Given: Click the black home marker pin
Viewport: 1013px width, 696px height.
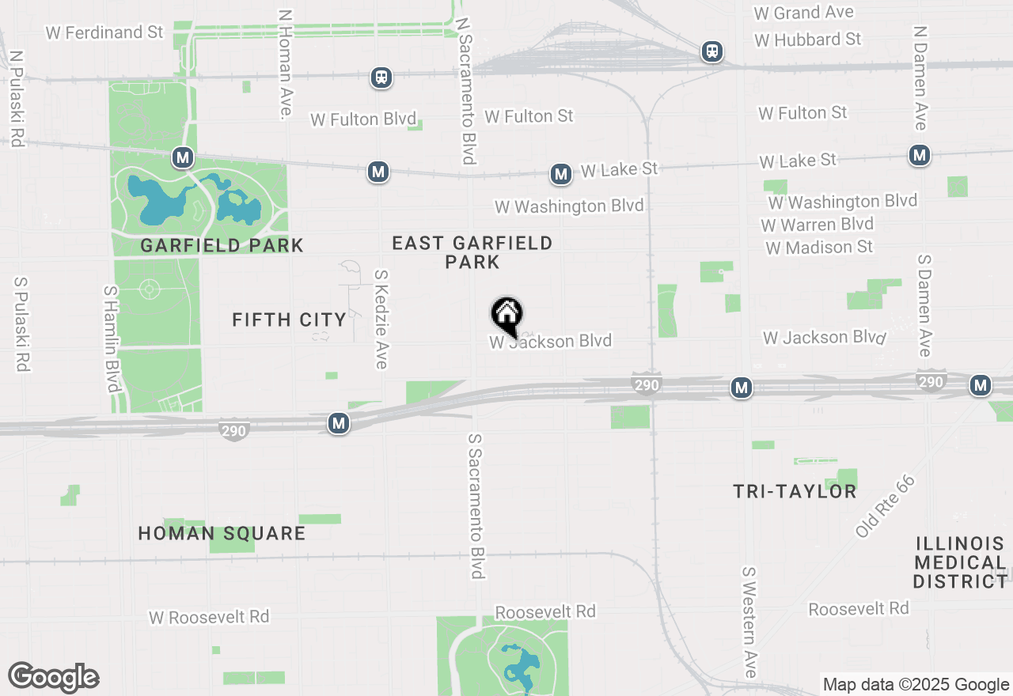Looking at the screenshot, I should coord(506,315).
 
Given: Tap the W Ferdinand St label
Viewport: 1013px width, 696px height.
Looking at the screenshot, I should coord(104,32).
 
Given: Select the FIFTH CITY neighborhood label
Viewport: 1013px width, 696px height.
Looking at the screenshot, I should coord(290,320).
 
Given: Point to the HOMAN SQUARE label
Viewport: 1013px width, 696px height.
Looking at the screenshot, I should coord(222,533).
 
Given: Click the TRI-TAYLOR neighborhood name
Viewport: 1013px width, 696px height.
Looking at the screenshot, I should coord(795,491).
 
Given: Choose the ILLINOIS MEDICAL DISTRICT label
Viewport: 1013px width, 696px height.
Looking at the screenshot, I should coord(960,562).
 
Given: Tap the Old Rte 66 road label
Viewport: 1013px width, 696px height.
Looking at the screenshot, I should coord(885,507).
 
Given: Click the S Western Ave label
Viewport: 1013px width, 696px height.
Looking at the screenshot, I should coord(749,622).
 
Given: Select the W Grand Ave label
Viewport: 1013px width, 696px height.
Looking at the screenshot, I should coord(804,13).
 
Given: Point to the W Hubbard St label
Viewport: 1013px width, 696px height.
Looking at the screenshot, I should coord(807,39).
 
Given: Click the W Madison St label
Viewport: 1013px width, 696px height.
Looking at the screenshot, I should coord(819,248).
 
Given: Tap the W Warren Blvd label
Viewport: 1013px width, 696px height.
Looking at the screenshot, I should coord(817,225).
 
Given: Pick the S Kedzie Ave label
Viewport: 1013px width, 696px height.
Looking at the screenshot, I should coord(381,319).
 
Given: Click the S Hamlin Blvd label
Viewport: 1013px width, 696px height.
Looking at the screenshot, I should coord(112,339).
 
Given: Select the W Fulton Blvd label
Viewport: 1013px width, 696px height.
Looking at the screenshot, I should coord(363,119).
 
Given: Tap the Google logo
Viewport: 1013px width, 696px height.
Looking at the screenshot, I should coord(53,678).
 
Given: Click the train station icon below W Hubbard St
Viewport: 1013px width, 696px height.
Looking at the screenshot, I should coord(712,52).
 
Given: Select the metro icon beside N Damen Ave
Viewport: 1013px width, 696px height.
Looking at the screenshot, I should coord(919,155).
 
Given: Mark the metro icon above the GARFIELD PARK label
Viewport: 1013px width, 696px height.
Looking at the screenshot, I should coord(183,157).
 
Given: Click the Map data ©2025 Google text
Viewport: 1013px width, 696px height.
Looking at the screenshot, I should coord(916,685).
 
